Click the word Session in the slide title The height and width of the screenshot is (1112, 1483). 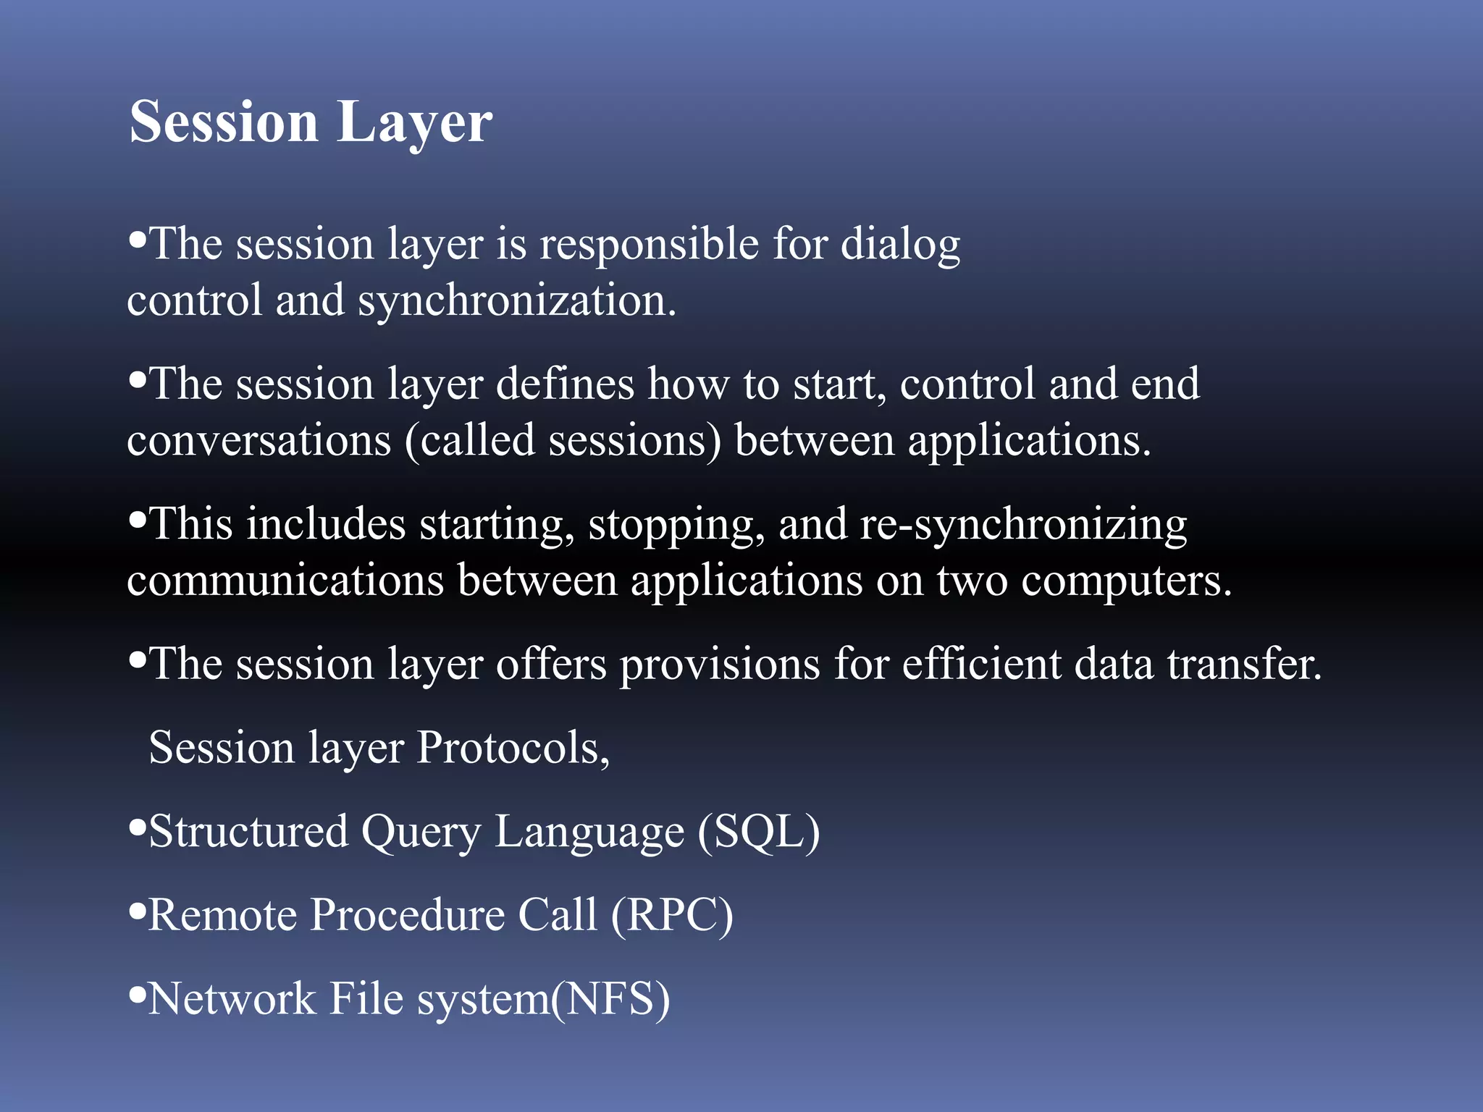click(x=223, y=122)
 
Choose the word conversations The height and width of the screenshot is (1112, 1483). click(x=259, y=440)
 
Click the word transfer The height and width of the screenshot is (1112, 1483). click(x=1244, y=664)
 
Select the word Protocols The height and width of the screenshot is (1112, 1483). click(x=513, y=748)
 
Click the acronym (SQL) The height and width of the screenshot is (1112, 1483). click(x=758, y=831)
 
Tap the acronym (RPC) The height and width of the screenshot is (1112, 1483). click(x=672, y=915)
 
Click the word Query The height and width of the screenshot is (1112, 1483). click(x=421, y=833)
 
